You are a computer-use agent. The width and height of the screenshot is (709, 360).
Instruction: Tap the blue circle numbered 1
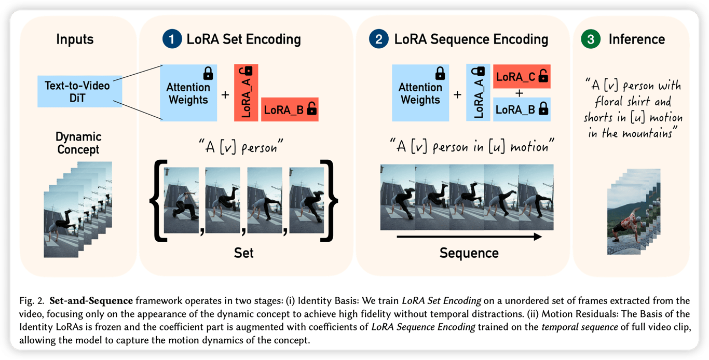tap(172, 39)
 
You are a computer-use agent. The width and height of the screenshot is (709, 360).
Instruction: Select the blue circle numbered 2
tap(379, 39)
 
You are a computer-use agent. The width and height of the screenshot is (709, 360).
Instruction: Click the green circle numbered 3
tap(591, 39)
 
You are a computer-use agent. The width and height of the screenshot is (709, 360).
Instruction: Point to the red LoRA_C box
tap(522, 76)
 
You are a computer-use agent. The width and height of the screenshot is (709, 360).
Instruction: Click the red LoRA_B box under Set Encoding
tap(290, 109)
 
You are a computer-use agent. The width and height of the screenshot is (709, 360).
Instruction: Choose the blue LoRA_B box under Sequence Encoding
tap(522, 109)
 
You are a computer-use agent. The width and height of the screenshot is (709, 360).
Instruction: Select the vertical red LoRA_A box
tap(246, 93)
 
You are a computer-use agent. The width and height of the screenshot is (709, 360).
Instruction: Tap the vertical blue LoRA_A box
tap(478, 93)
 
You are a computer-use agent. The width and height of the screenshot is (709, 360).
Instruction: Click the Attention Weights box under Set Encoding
tap(188, 93)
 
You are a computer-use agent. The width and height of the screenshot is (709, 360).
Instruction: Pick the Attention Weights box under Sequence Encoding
tap(420, 93)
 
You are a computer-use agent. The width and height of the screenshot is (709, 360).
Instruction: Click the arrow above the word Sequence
tap(469, 237)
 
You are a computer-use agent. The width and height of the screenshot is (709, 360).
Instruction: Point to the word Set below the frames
tap(244, 253)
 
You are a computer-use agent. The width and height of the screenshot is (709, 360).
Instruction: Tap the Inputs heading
tap(75, 39)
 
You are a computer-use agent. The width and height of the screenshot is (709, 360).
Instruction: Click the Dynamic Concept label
tap(78, 143)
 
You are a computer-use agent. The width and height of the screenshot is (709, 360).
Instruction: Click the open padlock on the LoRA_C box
tap(543, 76)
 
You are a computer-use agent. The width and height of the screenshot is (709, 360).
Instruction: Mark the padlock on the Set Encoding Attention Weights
tap(208, 73)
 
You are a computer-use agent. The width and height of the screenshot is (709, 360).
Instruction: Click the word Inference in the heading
tap(636, 39)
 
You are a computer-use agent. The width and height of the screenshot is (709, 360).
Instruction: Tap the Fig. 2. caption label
tap(32, 300)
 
